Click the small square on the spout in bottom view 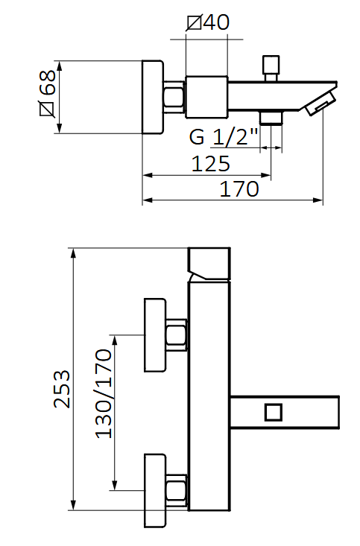273,411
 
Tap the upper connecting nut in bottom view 177,334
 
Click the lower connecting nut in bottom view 177,490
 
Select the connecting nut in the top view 174,98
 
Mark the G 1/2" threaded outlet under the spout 271,117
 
